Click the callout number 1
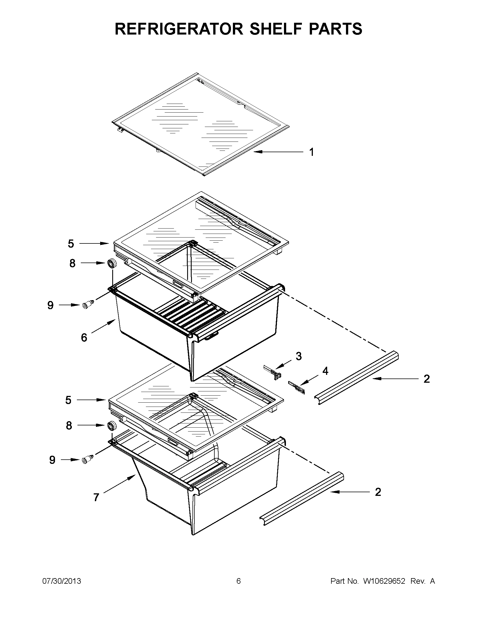[x=311, y=152]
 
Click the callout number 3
[x=299, y=356]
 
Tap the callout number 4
[x=325, y=371]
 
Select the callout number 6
[x=84, y=337]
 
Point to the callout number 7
[x=96, y=497]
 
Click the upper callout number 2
[x=426, y=378]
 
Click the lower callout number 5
[x=68, y=400]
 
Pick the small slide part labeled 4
[x=296, y=387]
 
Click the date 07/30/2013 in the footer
[x=62, y=581]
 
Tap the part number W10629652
[x=384, y=581]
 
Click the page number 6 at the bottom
[x=238, y=581]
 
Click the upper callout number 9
[x=50, y=305]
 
